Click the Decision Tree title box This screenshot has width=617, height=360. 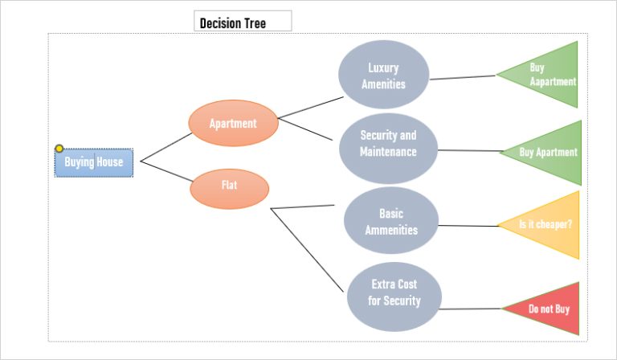pyautogui.click(x=243, y=21)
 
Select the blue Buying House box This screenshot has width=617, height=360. pyautogui.click(x=94, y=162)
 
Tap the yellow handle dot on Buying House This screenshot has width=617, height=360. pyautogui.click(x=59, y=149)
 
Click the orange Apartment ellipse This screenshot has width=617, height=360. pyautogui.click(x=233, y=123)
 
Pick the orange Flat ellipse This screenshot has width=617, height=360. pyautogui.click(x=230, y=189)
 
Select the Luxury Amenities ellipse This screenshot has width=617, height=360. pyautogui.click(x=384, y=75)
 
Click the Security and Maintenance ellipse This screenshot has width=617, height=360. pyautogui.click(x=388, y=149)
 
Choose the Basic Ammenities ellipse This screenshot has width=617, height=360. pyautogui.click(x=391, y=220)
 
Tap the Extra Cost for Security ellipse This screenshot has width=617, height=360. pyautogui.click(x=394, y=297)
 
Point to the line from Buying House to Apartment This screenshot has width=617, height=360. pyautogui.click(x=166, y=147)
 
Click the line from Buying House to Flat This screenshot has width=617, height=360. pyautogui.click(x=166, y=171)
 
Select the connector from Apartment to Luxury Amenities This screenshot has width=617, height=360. pyautogui.click(x=310, y=108)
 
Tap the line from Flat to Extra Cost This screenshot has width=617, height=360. pyautogui.click(x=307, y=250)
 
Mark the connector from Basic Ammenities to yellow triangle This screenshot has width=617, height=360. pyautogui.click(x=468, y=226)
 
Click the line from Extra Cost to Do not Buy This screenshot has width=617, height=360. pyautogui.click(x=470, y=309)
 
